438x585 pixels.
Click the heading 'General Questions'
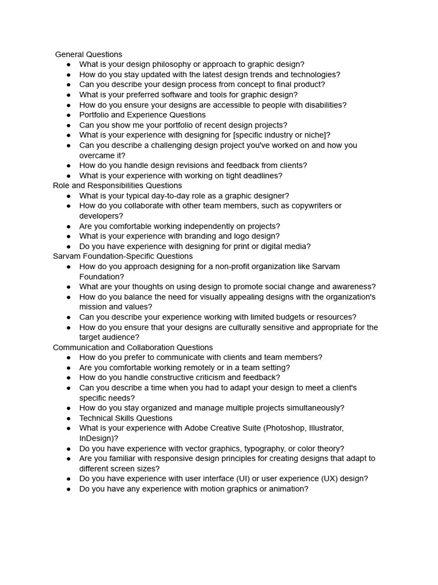(x=88, y=54)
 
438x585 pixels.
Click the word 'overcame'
(x=98, y=155)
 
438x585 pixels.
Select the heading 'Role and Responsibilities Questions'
(x=117, y=186)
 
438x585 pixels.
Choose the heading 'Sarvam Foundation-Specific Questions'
(x=123, y=257)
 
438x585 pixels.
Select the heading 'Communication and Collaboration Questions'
(x=133, y=347)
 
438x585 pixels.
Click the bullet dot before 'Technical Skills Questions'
(x=68, y=418)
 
